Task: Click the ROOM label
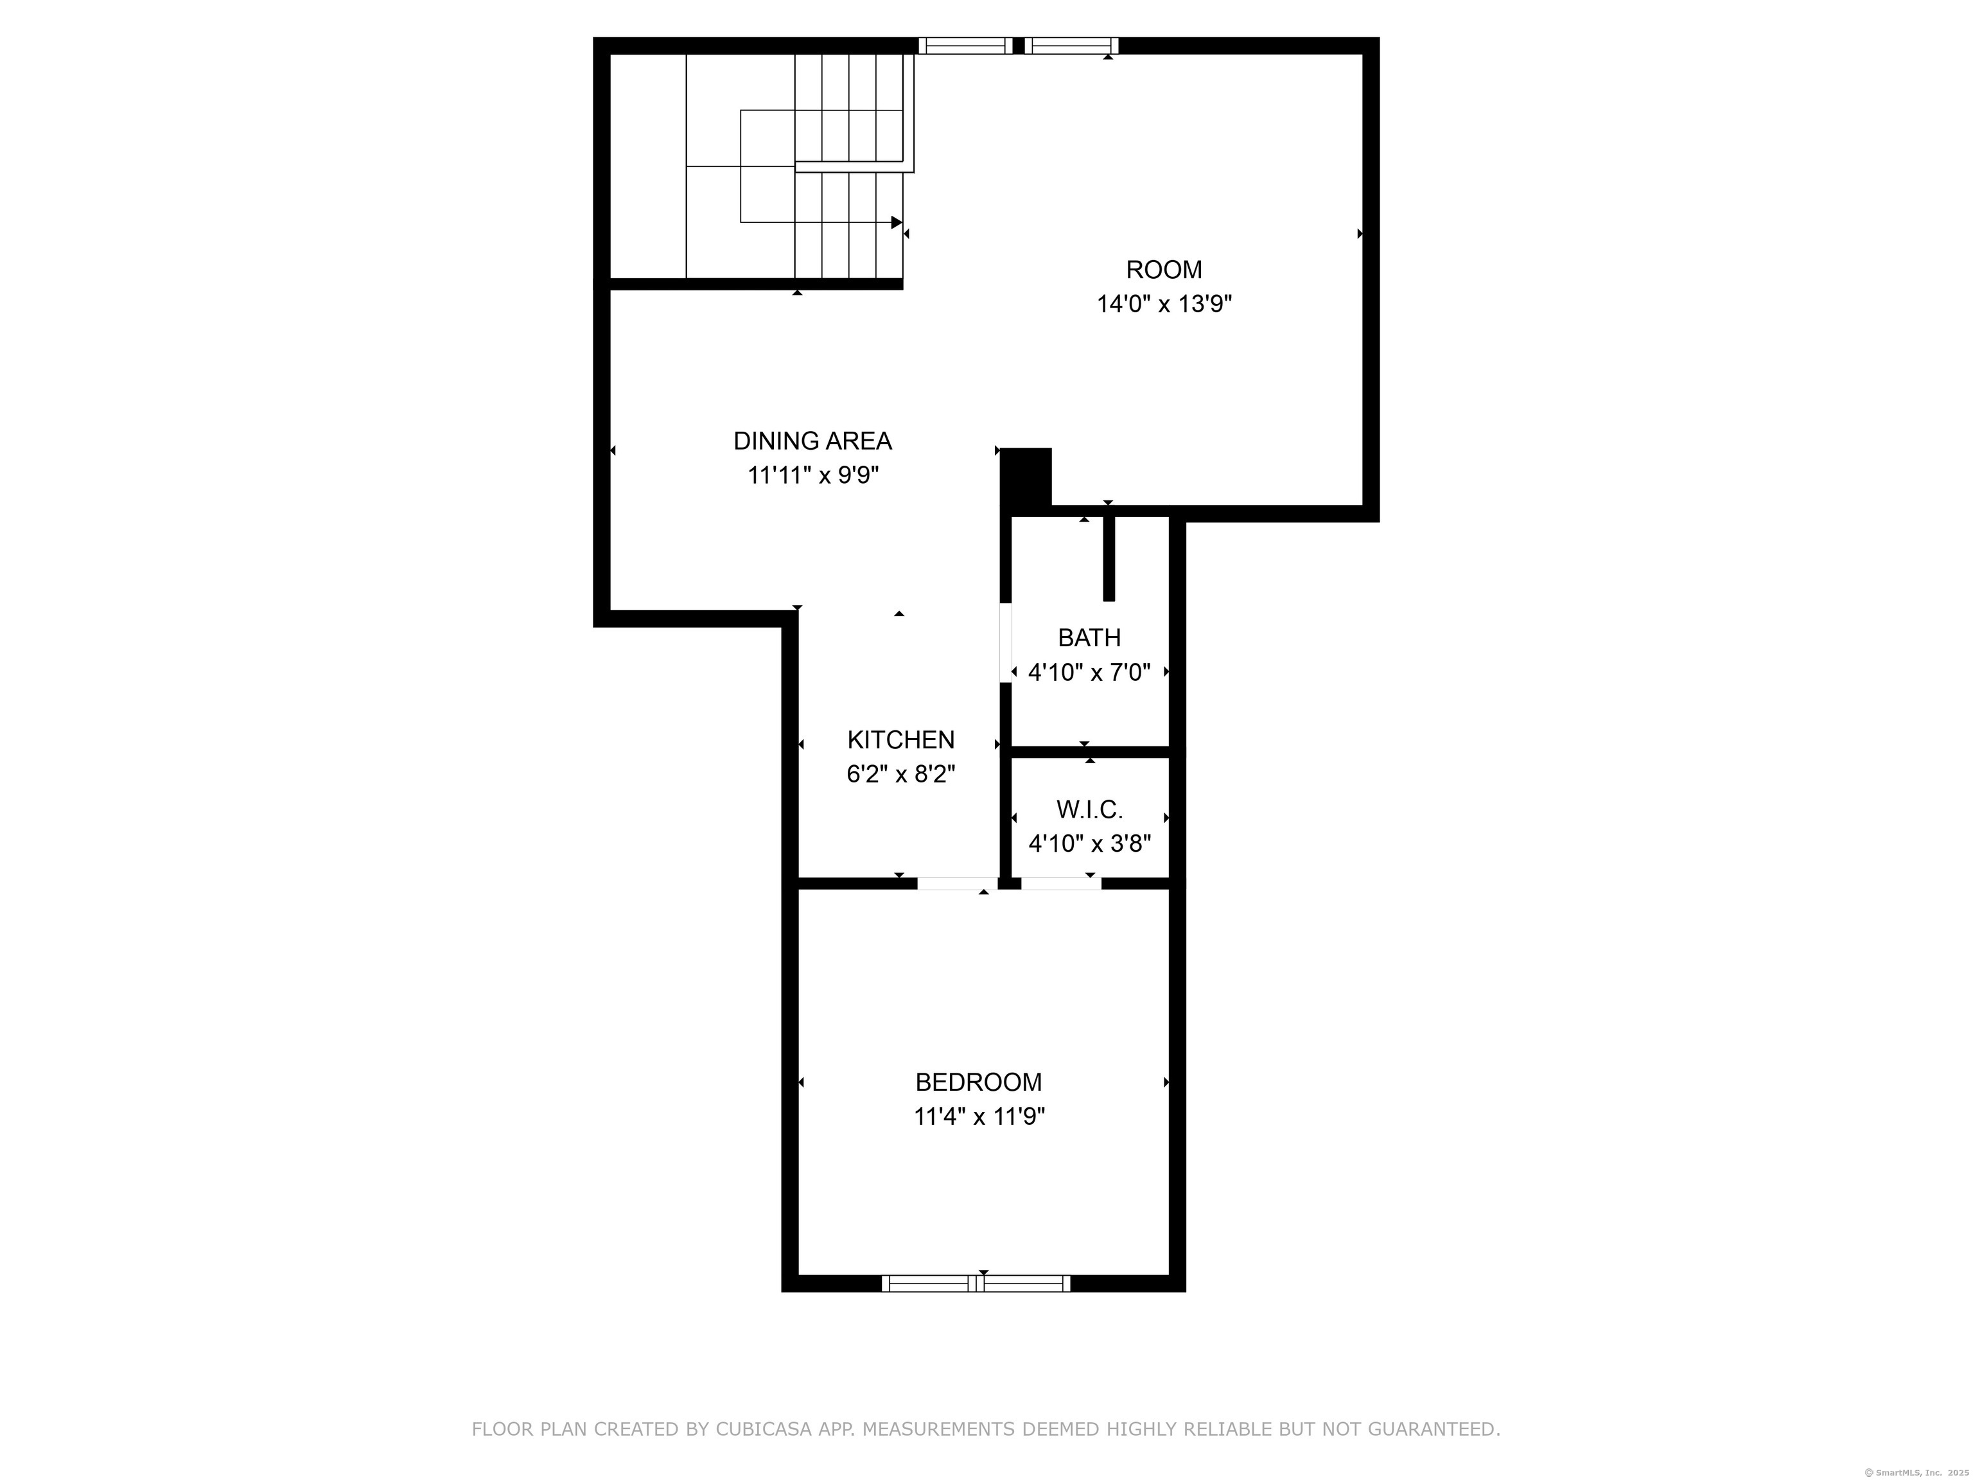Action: click(1164, 269)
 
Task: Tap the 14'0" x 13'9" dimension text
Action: click(1164, 304)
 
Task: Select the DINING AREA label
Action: click(812, 441)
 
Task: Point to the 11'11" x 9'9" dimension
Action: click(812, 475)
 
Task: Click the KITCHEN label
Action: click(901, 739)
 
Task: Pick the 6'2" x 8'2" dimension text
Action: click(901, 774)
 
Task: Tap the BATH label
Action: click(1089, 638)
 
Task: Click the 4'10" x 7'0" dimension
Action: click(1089, 673)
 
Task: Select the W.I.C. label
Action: click(1089, 809)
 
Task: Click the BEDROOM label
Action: click(979, 1082)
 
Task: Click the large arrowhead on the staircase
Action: click(897, 222)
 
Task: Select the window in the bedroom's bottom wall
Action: click(976, 1283)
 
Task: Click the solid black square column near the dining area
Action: click(1026, 477)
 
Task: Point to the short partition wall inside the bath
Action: click(1109, 558)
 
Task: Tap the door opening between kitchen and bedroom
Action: click(957, 883)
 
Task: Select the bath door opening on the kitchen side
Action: click(1005, 643)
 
